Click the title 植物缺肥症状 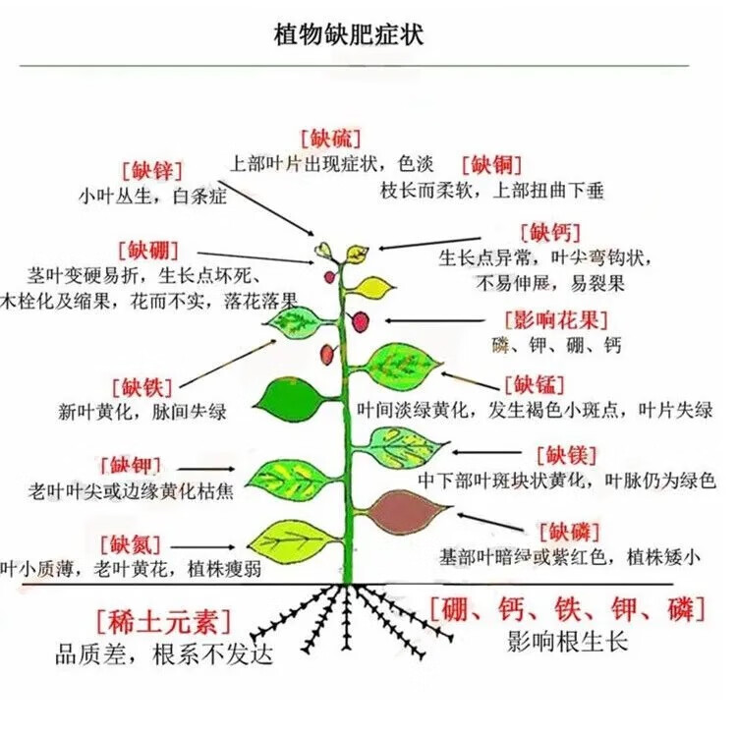point(348,34)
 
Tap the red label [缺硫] point(331,139)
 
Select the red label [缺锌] point(152,170)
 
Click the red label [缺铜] point(492,165)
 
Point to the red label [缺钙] point(551,232)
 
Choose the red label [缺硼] point(148,250)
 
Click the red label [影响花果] point(556,320)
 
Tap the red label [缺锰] point(535,385)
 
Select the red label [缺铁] point(142,388)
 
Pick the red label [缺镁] point(567,455)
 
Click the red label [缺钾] point(131,465)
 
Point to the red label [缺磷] point(570,532)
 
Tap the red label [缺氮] point(131,545)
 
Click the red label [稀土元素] point(164,621)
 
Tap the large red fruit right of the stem point(360,321)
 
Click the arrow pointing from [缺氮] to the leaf point(202,546)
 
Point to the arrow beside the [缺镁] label point(487,452)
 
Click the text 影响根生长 point(567,641)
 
